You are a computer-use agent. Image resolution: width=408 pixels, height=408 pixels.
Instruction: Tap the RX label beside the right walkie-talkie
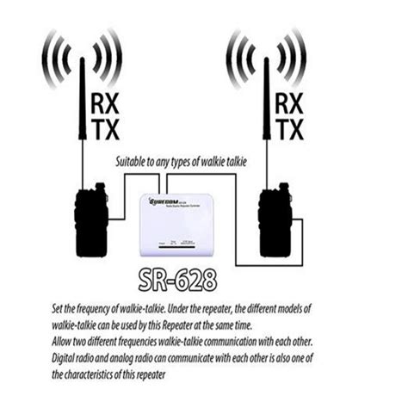tap(288, 104)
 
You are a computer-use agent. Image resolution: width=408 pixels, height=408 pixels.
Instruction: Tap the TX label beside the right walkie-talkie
tap(288, 131)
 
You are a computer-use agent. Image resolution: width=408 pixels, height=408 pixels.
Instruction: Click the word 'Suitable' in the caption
tap(134, 161)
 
